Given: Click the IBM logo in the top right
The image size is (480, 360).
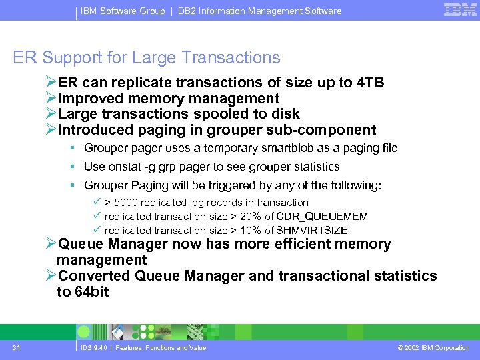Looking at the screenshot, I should coord(460,10).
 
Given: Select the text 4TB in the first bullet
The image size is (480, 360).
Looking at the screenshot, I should coord(370,83).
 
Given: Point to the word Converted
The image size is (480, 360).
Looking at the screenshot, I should coord(94,276).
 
